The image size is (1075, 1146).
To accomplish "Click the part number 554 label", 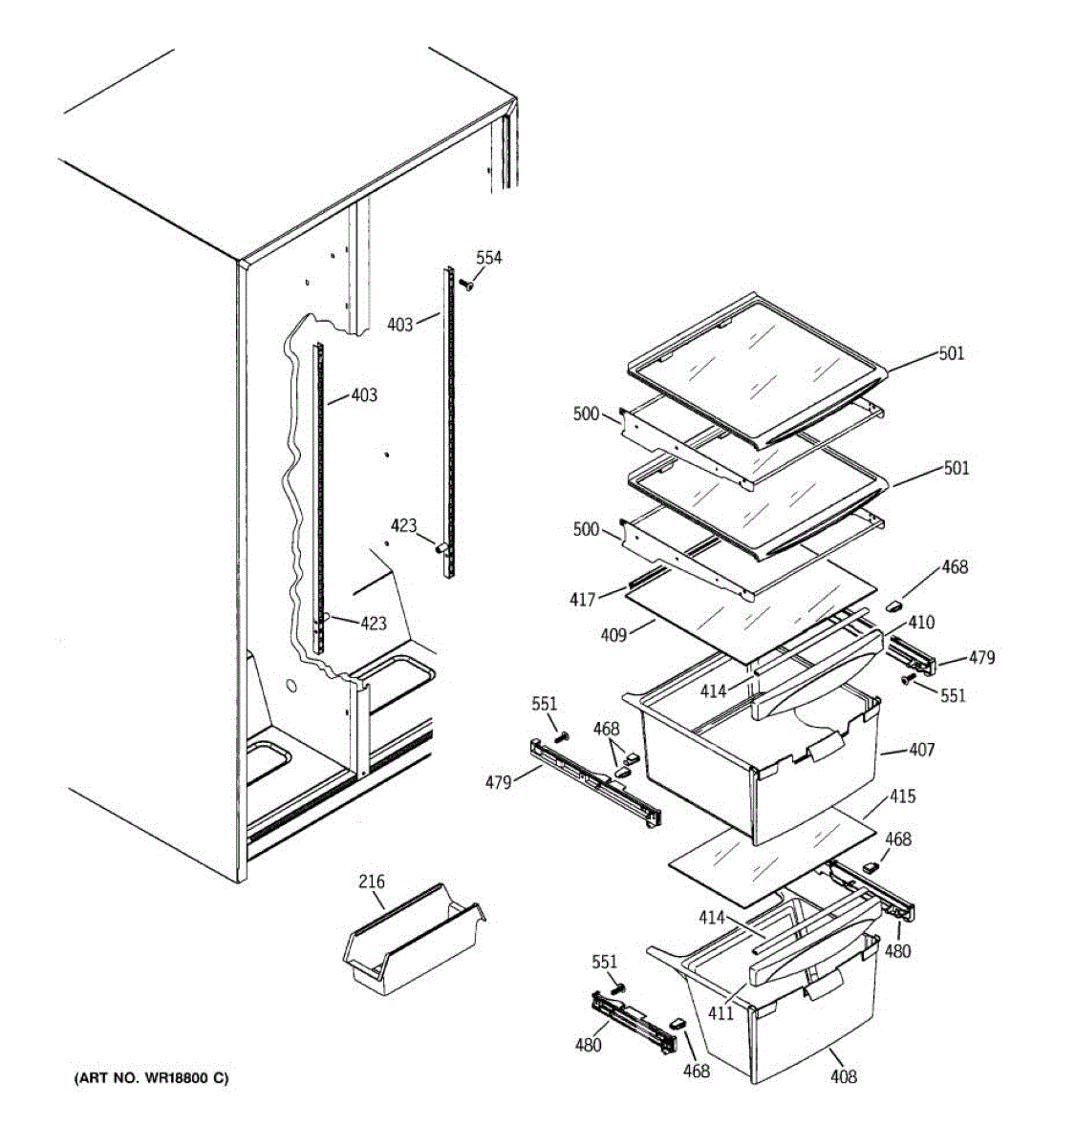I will [x=488, y=258].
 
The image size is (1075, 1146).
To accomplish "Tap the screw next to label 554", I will [x=467, y=284].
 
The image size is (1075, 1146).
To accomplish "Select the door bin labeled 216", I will [x=411, y=940].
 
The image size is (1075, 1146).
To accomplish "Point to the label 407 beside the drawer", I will [x=921, y=750].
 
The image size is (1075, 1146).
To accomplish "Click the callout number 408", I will [x=843, y=1077].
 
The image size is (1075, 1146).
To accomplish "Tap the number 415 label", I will [x=902, y=796].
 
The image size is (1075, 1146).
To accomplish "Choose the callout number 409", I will [x=613, y=634].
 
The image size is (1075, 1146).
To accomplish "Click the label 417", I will [x=582, y=600].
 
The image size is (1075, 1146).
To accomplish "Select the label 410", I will [x=921, y=623].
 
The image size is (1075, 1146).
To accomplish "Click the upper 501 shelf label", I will [x=951, y=353].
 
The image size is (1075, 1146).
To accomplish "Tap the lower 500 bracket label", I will [x=586, y=530].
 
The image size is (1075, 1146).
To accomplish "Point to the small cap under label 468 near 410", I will [x=895, y=604].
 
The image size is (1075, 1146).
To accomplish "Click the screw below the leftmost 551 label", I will [x=561, y=737].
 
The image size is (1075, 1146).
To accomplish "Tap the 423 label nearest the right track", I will [x=403, y=524].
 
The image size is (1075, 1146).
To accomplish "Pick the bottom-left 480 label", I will [x=589, y=1045].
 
